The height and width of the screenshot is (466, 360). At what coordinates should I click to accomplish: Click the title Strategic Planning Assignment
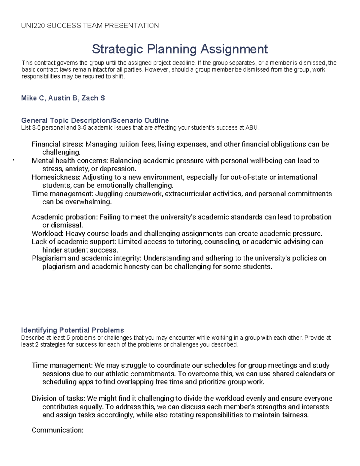click(x=180, y=49)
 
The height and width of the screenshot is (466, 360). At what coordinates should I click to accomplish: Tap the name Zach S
click(x=93, y=98)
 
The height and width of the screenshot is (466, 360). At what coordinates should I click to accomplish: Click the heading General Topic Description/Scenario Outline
click(x=95, y=120)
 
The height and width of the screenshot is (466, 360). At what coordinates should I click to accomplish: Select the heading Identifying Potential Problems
click(x=72, y=330)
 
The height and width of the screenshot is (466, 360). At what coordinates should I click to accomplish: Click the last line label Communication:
click(x=58, y=430)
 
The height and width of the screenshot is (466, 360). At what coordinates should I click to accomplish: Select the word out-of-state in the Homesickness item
click(x=249, y=177)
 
